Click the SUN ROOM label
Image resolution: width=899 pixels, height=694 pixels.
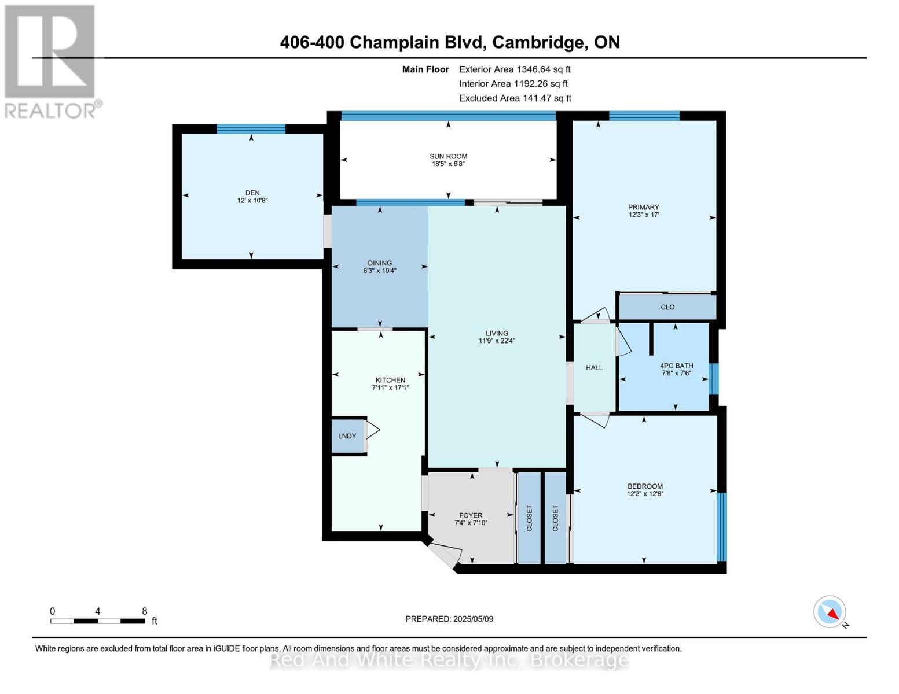click(x=448, y=156)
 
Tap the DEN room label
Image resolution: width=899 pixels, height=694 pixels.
click(x=252, y=193)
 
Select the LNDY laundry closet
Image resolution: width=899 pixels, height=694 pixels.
click(x=347, y=435)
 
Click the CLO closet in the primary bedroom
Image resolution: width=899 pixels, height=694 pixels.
click(x=667, y=307)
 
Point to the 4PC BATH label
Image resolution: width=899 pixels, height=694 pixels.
click(x=676, y=366)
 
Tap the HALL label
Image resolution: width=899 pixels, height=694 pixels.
click(x=594, y=368)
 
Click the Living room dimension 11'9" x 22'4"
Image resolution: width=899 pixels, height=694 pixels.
click(x=497, y=341)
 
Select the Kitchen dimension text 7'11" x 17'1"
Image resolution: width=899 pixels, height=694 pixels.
click(x=390, y=388)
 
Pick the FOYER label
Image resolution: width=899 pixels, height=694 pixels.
click(x=471, y=515)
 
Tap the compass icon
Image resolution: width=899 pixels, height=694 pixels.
click(x=830, y=612)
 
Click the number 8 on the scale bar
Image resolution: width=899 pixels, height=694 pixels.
click(x=145, y=611)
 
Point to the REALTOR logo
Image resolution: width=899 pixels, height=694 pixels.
click(x=51, y=61)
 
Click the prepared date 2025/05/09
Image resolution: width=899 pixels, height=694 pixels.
click(x=473, y=619)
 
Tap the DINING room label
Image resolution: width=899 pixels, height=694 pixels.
click(x=380, y=263)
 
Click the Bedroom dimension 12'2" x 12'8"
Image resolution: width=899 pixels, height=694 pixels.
click(x=645, y=494)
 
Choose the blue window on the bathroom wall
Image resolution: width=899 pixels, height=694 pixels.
click(x=714, y=379)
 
